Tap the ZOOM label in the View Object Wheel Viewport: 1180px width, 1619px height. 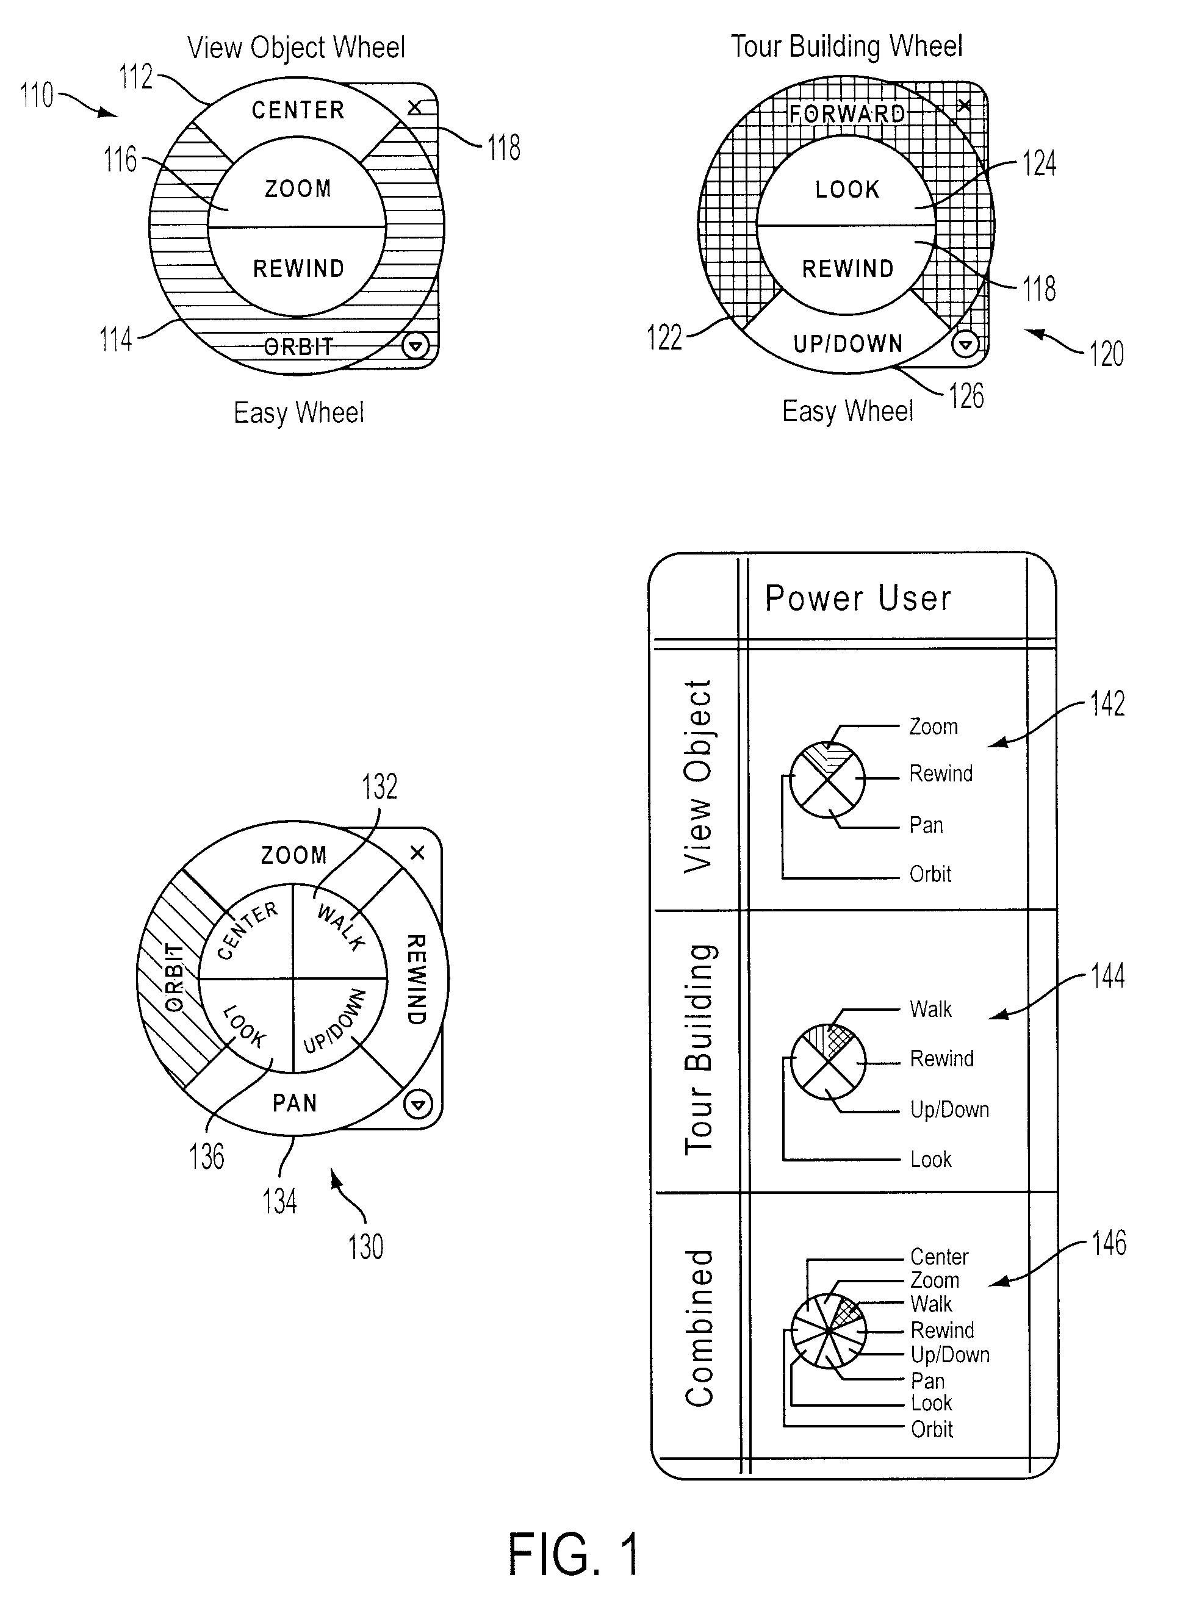click(x=298, y=188)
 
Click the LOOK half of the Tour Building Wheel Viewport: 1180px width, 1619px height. click(x=846, y=182)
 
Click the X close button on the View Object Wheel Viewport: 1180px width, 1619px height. click(x=414, y=108)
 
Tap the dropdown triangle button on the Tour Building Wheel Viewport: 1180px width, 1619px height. click(x=965, y=345)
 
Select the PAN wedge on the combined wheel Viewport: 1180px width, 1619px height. click(x=294, y=1103)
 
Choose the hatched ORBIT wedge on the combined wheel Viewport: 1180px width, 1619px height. click(x=171, y=978)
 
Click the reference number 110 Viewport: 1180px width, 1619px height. click(x=37, y=95)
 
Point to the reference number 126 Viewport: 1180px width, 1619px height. click(x=966, y=397)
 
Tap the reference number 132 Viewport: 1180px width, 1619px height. click(x=380, y=786)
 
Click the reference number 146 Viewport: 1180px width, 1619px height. click(x=1109, y=1243)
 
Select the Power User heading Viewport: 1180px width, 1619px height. click(x=858, y=598)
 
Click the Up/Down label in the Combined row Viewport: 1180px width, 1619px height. click(x=950, y=1355)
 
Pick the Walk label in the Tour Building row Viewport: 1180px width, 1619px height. click(x=930, y=1009)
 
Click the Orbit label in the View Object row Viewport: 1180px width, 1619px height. click(x=930, y=874)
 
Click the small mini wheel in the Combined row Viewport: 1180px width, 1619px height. click(x=829, y=1330)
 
